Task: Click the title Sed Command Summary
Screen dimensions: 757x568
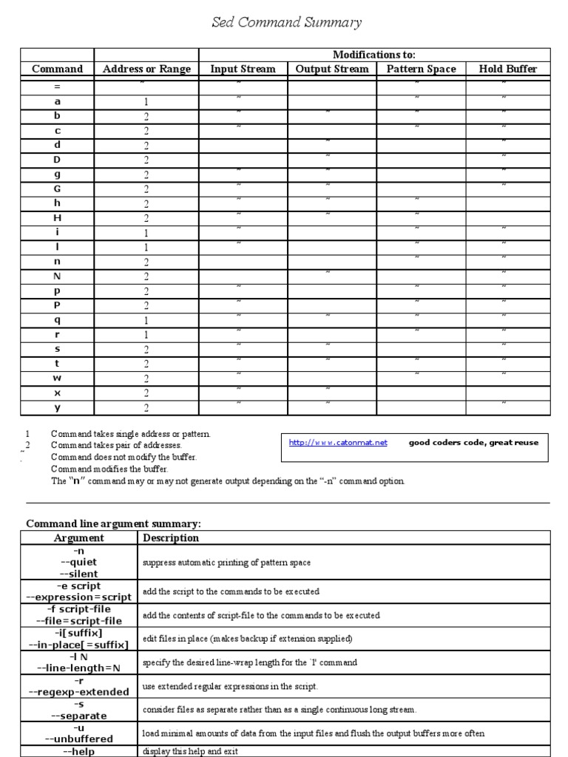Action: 287,23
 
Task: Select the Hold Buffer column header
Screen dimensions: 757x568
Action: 507,69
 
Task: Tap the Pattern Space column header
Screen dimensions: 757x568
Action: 421,69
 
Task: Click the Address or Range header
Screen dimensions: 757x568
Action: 146,69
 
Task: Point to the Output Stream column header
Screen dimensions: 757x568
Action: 332,69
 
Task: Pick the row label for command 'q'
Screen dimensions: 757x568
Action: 57,320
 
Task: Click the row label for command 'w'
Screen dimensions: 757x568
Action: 57,378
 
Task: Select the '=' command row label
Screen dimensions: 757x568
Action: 57,87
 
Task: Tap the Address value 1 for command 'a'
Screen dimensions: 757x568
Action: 146,102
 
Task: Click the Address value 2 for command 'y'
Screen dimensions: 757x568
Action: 146,408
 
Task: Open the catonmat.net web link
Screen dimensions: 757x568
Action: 338,443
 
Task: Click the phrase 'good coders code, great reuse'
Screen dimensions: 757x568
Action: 473,443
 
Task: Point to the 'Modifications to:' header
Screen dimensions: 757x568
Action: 374,55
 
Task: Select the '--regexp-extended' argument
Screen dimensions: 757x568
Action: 79,691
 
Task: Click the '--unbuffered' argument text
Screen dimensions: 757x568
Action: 79,739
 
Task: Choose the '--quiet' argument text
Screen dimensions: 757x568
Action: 79,563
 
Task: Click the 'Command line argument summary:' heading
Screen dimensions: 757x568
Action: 113,523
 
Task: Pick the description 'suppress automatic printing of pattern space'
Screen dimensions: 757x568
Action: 226,563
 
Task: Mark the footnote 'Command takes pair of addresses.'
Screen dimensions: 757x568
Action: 116,446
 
